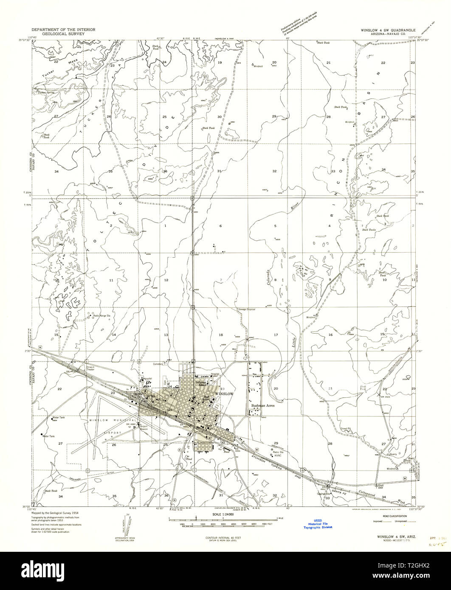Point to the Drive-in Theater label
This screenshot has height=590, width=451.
point(90,368)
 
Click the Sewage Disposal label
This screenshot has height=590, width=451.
point(247,309)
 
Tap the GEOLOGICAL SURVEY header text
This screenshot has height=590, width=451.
point(63,33)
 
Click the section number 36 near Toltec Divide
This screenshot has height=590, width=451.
point(165,171)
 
